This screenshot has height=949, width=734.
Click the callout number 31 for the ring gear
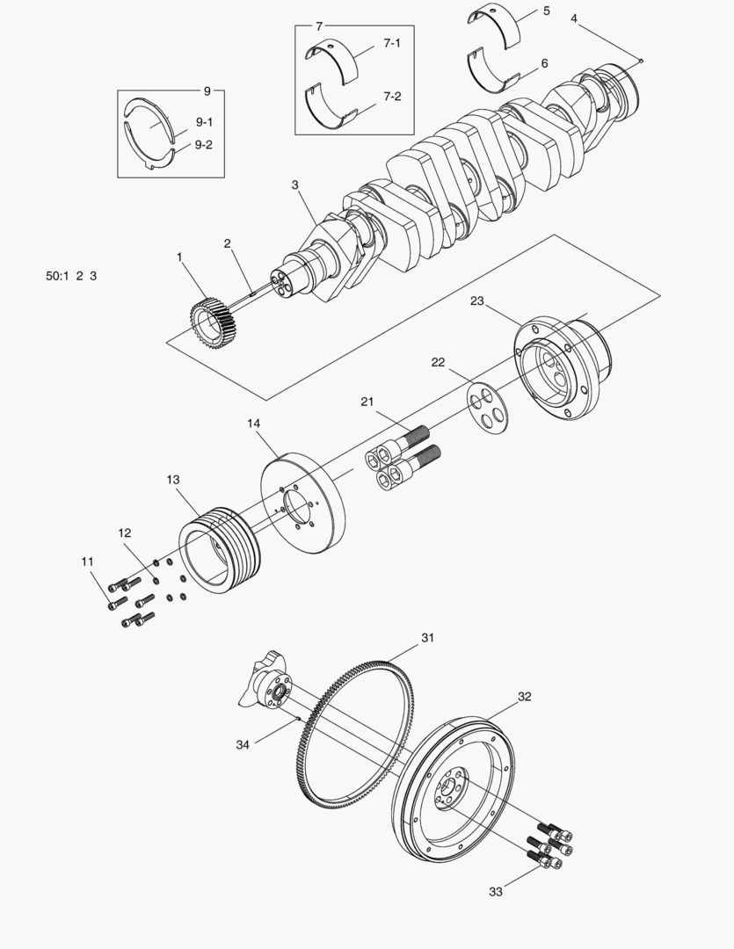(x=427, y=637)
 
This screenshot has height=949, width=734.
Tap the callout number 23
(x=477, y=301)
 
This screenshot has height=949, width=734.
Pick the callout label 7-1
(x=391, y=42)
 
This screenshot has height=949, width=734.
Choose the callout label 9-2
(x=203, y=145)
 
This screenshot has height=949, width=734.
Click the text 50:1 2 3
(x=71, y=276)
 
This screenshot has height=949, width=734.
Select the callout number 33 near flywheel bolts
(x=498, y=892)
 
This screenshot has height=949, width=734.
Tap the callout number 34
(x=243, y=744)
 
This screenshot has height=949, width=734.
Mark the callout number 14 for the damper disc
(x=253, y=424)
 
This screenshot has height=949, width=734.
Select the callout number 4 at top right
(x=574, y=18)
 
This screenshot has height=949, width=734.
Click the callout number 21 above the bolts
(x=367, y=402)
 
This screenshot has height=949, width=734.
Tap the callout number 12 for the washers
(x=125, y=532)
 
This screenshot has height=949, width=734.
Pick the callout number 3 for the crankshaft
(x=295, y=185)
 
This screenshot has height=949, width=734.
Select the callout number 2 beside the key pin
(x=227, y=243)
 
